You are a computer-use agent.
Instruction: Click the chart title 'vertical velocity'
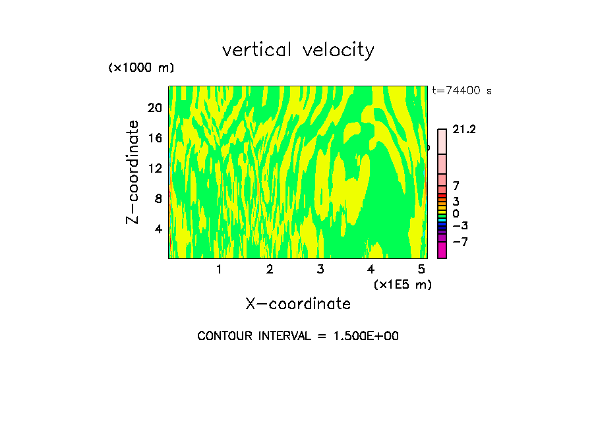tap(298, 50)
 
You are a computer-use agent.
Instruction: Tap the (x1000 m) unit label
tap(141, 69)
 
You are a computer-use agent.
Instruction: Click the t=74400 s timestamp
tap(462, 91)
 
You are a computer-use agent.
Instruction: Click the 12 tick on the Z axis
tap(154, 168)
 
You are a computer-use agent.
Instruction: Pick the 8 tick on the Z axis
tap(158, 198)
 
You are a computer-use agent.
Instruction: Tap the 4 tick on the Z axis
tap(158, 229)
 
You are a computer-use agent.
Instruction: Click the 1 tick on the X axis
tap(219, 269)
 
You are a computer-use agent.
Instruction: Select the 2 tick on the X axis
tap(270, 269)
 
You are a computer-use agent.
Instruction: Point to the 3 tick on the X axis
tap(320, 269)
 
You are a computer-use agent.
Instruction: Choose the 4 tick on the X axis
tap(371, 269)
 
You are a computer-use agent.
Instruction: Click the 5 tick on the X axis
tap(421, 269)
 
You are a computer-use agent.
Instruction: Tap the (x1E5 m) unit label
tap(402, 284)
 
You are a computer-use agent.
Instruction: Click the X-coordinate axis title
tap(298, 304)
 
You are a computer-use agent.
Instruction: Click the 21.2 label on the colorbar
tap(464, 130)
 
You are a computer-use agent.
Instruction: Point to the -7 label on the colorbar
tap(460, 242)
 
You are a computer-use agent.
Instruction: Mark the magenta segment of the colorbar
tap(442, 250)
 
